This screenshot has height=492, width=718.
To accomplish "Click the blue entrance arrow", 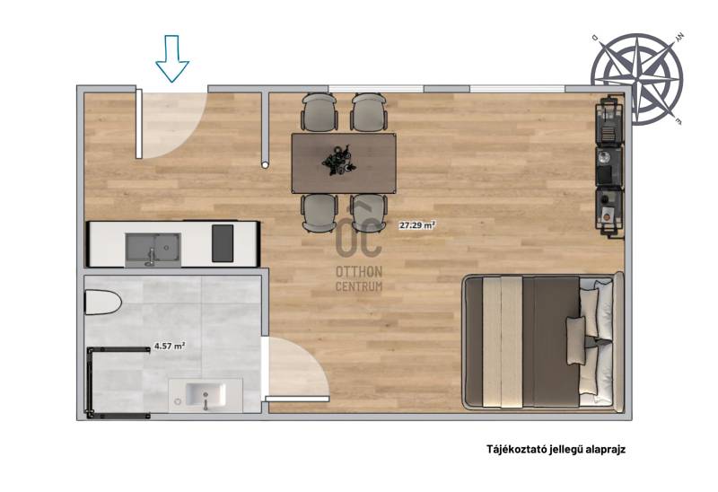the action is tap(172, 58).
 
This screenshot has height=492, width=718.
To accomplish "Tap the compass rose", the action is tap(636, 78).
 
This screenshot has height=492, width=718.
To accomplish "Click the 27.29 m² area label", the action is tap(416, 225).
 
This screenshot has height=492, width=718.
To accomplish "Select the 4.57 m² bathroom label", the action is tap(170, 346).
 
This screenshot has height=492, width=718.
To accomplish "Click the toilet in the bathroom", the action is tap(103, 303).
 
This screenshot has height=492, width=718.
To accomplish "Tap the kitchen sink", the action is tap(153, 250).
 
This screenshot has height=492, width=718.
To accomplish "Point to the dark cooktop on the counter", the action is tap(223, 243).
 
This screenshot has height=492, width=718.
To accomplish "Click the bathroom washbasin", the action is tap(206, 395).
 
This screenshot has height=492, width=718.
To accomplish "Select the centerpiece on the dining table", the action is tap(338, 161).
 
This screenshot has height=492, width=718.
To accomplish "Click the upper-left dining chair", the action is tap(320, 112).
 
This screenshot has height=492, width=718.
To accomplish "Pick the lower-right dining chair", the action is tap(369, 214).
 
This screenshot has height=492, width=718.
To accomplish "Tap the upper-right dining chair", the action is tap(369, 112).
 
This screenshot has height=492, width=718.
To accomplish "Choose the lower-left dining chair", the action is tap(320, 214).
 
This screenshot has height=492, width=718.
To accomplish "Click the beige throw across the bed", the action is tap(503, 342).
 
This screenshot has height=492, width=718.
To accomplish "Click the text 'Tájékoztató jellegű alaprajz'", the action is tap(556, 449).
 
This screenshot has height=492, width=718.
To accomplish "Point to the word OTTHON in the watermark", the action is tap(359, 272).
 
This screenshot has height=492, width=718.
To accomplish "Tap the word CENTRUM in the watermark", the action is tap(359, 286).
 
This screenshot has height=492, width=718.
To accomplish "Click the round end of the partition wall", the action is tap(265, 164).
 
